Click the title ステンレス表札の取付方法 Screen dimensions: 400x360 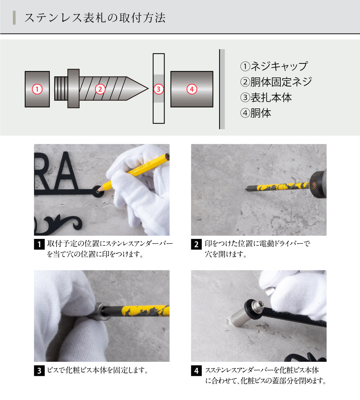(95, 18)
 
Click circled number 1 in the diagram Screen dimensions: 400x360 (37, 89)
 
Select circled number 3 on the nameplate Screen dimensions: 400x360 (159, 89)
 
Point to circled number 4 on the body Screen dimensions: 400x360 (192, 89)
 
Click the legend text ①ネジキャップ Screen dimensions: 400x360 (274, 66)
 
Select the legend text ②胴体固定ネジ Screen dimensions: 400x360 (276, 82)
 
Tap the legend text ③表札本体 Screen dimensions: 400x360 (266, 98)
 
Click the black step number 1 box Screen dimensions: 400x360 (39, 245)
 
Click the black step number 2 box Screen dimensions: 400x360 (196, 245)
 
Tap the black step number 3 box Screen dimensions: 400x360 (39, 370)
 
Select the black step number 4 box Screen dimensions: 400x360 (196, 370)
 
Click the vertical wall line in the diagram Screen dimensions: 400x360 (220, 89)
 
